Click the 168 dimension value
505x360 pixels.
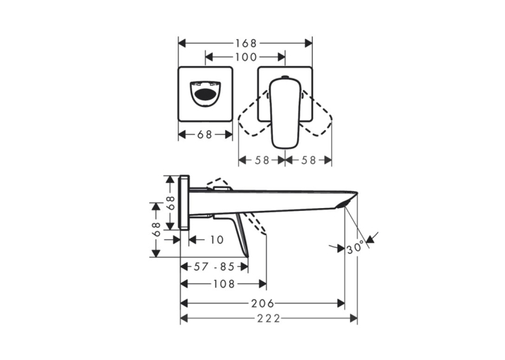(246, 43)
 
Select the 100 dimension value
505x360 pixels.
(246, 57)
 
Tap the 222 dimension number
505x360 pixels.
(269, 318)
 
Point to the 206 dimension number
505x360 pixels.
(263, 303)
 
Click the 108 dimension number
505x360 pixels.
(224, 283)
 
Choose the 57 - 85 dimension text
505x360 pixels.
(214, 267)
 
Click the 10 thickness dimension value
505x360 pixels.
(217, 240)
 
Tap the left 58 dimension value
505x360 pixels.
(261, 160)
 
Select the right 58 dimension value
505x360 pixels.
(308, 160)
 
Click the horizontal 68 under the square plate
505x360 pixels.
(205, 134)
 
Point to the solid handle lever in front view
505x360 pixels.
(285, 113)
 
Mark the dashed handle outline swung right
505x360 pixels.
(318, 114)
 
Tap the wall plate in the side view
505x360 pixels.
(185, 203)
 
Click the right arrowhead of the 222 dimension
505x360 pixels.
(354, 318)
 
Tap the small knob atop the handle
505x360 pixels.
(285, 77)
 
